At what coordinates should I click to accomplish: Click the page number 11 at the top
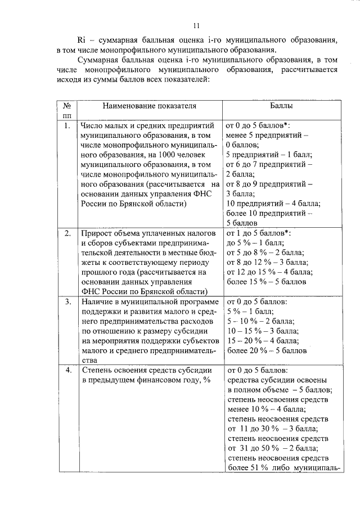click(x=195, y=25)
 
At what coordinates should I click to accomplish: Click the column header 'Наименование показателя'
click(x=149, y=105)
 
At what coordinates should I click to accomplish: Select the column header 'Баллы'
click(x=281, y=105)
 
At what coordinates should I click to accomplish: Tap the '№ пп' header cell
click(x=66, y=110)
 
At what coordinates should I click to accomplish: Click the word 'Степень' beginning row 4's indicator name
click(x=96, y=371)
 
